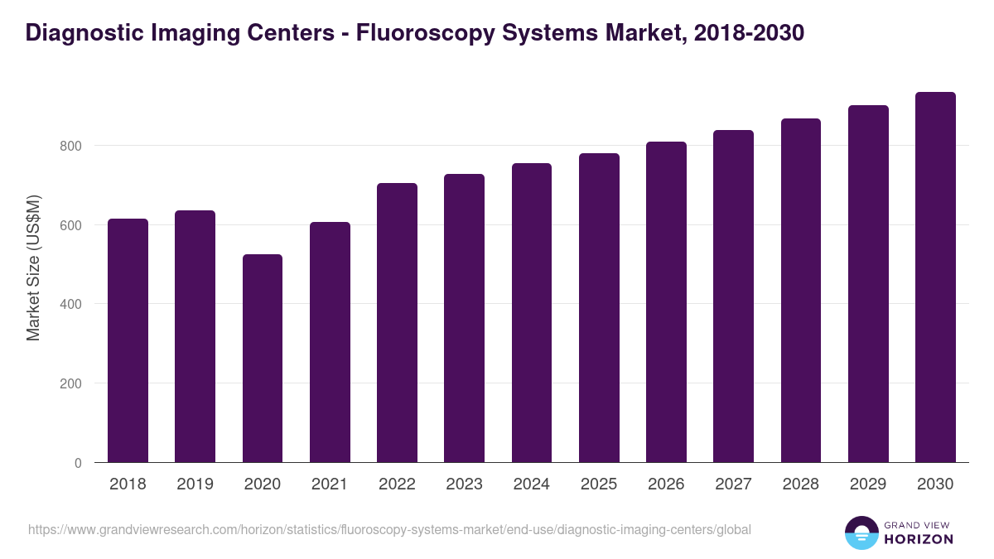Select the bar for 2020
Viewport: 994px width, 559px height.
(x=263, y=358)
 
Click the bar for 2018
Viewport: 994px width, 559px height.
(x=128, y=340)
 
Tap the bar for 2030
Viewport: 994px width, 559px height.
(x=935, y=277)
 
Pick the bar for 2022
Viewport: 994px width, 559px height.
(x=397, y=323)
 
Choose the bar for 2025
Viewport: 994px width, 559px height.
(x=599, y=308)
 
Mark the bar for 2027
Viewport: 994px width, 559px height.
(x=733, y=296)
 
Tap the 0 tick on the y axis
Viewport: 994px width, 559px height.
(x=78, y=463)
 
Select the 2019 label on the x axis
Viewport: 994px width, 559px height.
(x=195, y=484)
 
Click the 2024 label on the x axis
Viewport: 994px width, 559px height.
(x=531, y=484)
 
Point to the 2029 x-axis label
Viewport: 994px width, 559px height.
(x=868, y=484)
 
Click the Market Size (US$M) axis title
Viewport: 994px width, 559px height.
(x=33, y=267)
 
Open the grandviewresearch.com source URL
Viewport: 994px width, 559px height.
(x=389, y=529)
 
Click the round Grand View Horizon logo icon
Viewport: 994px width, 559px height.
(x=861, y=532)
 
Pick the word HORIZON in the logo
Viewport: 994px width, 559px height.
(x=919, y=539)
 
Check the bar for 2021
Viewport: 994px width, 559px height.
(x=330, y=342)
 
